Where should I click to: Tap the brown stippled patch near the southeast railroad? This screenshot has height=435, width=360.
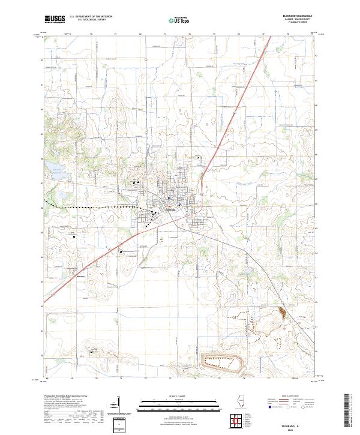click(281, 311)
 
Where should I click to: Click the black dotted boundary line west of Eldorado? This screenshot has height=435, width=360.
click(90, 206)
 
